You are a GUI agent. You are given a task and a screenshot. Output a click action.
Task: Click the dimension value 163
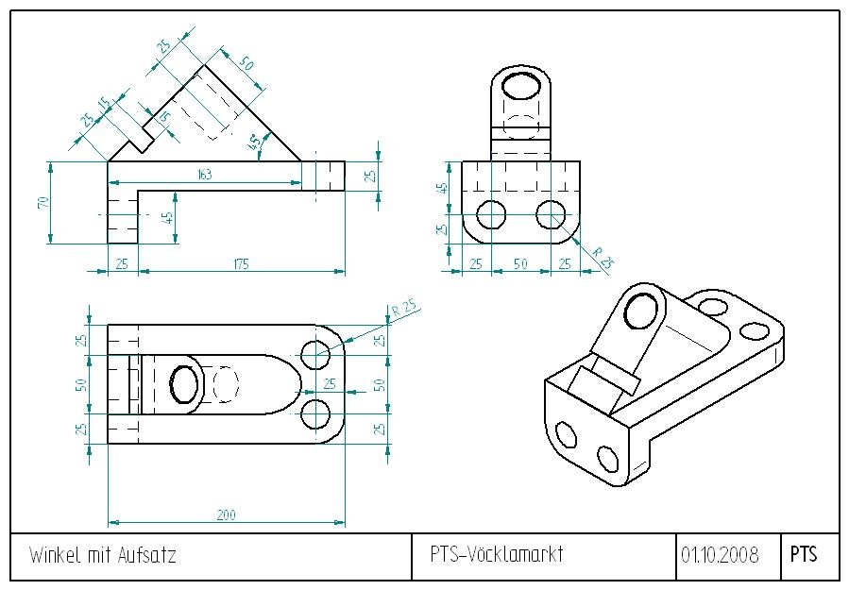pyautogui.click(x=204, y=174)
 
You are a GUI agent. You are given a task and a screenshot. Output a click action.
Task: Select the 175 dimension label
pyautogui.click(x=241, y=264)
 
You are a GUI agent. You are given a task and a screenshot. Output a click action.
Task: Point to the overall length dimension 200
pyautogui.click(x=226, y=515)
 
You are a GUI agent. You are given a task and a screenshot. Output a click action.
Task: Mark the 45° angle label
pyautogui.click(x=254, y=144)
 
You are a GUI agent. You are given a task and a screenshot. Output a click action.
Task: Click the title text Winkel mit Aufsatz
pyautogui.click(x=103, y=555)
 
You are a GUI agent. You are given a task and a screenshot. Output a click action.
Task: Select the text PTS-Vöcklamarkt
pyautogui.click(x=496, y=554)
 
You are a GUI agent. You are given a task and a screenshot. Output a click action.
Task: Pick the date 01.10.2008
pyautogui.click(x=720, y=555)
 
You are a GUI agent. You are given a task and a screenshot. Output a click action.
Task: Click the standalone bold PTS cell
pyautogui.click(x=803, y=554)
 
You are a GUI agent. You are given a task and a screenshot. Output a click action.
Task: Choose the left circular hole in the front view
pyautogui.click(x=490, y=215)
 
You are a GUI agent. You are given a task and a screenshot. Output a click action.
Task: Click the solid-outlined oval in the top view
pyautogui.click(x=184, y=384)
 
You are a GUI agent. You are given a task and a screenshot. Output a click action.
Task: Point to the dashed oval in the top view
pyautogui.click(x=226, y=384)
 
